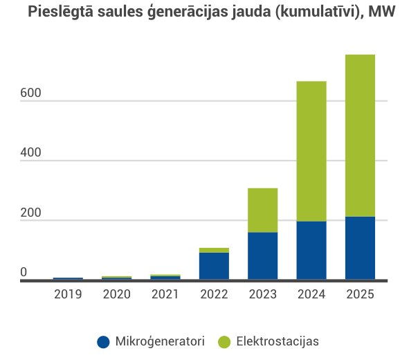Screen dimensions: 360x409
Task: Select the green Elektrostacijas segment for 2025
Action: [x=360, y=135]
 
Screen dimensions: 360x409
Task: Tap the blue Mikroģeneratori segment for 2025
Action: [x=360, y=248]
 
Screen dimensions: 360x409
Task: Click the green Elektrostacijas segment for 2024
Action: [x=311, y=151]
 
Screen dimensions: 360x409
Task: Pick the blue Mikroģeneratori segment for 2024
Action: [x=311, y=250]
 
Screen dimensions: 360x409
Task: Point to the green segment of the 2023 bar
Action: [x=263, y=210]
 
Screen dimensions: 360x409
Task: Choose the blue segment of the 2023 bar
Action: [x=263, y=255]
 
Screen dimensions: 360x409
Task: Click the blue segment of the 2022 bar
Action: [x=214, y=266]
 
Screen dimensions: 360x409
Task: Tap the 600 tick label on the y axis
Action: [x=30, y=93]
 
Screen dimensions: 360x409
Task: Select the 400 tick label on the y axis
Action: [x=30, y=153]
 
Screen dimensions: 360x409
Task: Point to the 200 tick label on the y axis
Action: [x=30, y=213]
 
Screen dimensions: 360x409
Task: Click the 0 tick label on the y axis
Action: [x=24, y=273]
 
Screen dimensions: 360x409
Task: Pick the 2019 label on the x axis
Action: [x=68, y=294]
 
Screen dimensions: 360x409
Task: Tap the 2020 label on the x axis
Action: [x=116, y=294]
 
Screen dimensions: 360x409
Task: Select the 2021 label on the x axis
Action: [x=165, y=294]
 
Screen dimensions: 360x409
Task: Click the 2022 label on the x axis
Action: [x=214, y=294]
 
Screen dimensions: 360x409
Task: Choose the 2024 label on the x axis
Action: [x=311, y=294]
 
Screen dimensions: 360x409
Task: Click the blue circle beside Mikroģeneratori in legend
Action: [x=104, y=341]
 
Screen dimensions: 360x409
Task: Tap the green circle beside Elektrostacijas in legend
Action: [x=224, y=341]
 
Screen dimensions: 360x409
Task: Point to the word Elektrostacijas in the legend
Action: [x=278, y=341]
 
